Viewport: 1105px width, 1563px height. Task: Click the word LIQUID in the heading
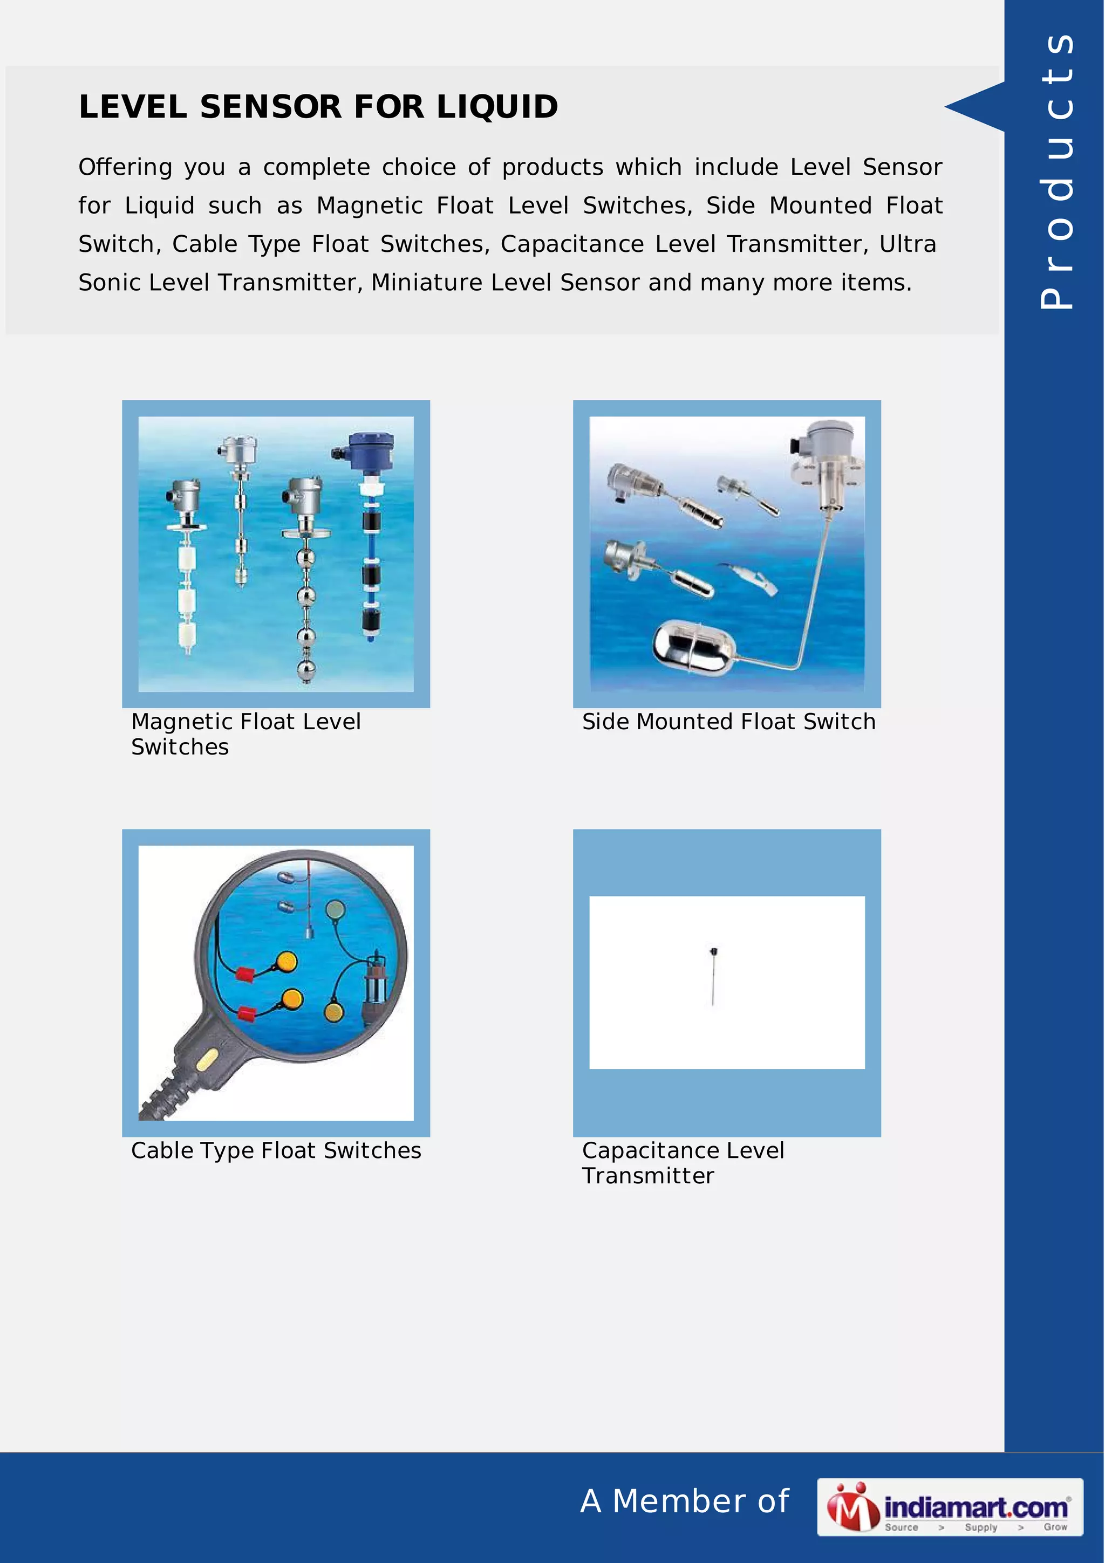[x=497, y=107]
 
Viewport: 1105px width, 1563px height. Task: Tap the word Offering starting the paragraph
[x=125, y=167]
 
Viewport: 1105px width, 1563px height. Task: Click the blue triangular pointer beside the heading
[x=975, y=106]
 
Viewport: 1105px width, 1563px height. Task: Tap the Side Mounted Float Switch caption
[x=728, y=721]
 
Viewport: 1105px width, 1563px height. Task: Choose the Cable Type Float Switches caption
[x=276, y=1150]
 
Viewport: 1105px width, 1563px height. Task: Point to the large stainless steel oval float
[x=692, y=646]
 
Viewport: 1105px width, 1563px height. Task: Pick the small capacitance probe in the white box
[x=713, y=976]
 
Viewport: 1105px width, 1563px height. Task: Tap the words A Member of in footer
[x=684, y=1501]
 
